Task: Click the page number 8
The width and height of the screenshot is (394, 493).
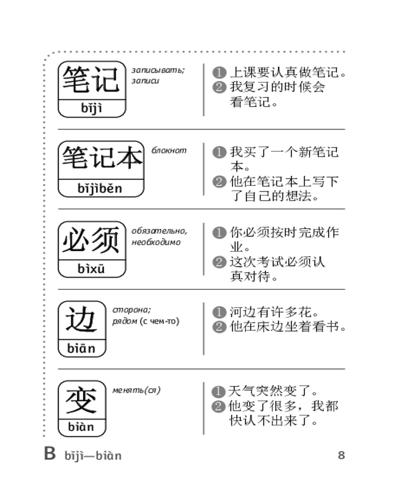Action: coord(341,455)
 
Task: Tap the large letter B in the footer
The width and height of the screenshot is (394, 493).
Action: coord(50,454)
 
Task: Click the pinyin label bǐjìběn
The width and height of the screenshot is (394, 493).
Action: coord(100,188)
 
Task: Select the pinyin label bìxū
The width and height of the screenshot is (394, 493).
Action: coord(91,269)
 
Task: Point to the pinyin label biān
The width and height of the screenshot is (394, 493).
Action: coord(81,349)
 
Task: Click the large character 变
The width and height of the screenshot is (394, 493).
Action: coord(81,400)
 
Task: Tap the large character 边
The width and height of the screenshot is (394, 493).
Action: coord(81,320)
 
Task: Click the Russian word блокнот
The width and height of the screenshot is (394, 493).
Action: coord(169,150)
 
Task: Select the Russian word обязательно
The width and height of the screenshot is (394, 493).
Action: coord(159,231)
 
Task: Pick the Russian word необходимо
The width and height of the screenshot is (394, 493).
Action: coord(156,242)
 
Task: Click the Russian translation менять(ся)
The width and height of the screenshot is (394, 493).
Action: coord(137,390)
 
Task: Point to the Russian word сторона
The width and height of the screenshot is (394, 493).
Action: coord(131,310)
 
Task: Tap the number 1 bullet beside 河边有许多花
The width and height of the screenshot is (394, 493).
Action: coord(219,312)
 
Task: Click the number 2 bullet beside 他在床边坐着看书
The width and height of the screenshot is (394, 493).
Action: coord(219,327)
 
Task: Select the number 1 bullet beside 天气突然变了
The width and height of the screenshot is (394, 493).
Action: coord(218,392)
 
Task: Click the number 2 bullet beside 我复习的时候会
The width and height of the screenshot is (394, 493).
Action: coord(219,87)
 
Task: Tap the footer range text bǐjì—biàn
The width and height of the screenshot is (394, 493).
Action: coord(93,456)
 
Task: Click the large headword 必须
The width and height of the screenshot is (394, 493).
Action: coord(91,240)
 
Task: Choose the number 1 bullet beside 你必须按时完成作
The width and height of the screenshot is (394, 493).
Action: coord(219,233)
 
